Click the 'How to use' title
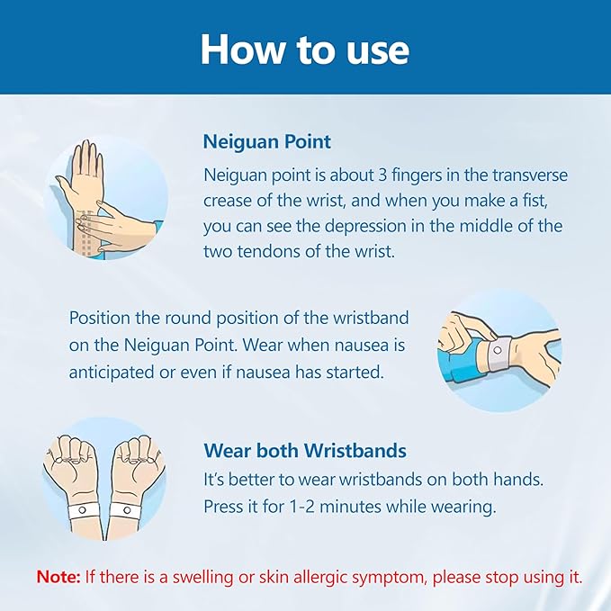tap(305, 49)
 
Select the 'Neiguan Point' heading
tap(267, 141)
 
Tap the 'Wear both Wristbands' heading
tap(305, 451)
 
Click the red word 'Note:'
tap(58, 576)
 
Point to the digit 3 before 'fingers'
tap(382, 175)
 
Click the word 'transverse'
tap(529, 175)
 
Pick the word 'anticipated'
tap(111, 373)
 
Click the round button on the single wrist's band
tap(498, 350)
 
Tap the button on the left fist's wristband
tap(82, 509)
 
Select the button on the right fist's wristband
tap(127, 509)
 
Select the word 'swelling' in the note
tap(203, 577)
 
